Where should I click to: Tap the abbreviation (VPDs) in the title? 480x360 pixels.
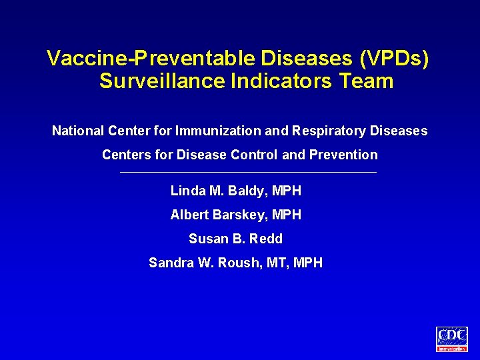pyautogui.click(x=394, y=59)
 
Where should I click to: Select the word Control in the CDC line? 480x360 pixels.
pyautogui.click(x=255, y=155)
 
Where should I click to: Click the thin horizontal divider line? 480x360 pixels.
pyautogui.click(x=247, y=173)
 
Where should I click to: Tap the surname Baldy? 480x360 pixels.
pyautogui.click(x=248, y=191)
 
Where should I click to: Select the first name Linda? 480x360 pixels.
pyautogui.click(x=188, y=191)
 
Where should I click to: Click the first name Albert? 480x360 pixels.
pyautogui.click(x=190, y=215)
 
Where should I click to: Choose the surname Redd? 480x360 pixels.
pyautogui.click(x=266, y=239)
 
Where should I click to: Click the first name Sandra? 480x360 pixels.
pyautogui.click(x=171, y=263)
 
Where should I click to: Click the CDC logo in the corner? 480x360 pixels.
pyautogui.click(x=452, y=339)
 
